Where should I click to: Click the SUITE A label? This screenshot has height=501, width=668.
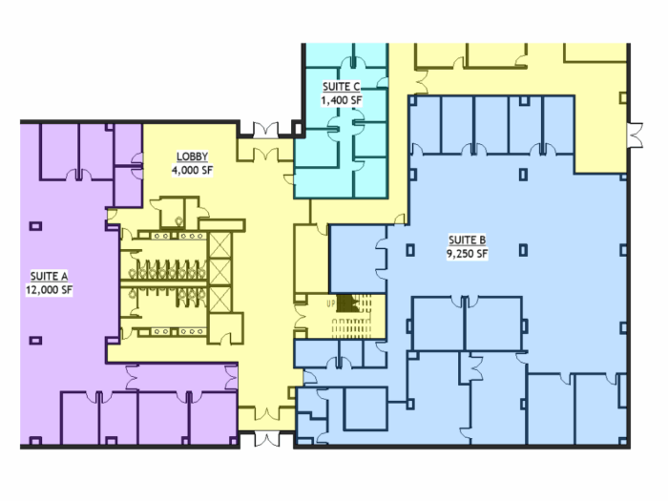pos(49,276)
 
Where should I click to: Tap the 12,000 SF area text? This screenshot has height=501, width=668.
pos(49,290)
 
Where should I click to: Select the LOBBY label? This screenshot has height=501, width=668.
pos(192,157)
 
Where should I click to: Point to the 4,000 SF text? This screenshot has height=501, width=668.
pos(192,171)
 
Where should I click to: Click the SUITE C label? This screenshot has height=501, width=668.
pos(342,87)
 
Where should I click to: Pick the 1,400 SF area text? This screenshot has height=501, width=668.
pos(342,100)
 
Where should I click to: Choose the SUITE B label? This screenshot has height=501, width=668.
pos(468,240)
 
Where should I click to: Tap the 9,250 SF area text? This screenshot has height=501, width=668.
pos(468,254)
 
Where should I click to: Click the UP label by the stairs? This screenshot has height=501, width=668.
pos(330,304)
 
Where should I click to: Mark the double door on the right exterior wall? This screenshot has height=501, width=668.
pos(636,136)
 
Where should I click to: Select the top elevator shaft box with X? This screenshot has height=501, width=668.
pos(220,245)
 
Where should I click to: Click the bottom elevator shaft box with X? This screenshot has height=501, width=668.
pos(220,300)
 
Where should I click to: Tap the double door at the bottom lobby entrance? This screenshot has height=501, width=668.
pos(266,439)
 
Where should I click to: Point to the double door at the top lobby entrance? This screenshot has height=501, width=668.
pos(266,130)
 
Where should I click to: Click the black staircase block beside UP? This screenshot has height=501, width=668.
pos(347,303)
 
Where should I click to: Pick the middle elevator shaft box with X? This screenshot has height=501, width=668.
pos(220,273)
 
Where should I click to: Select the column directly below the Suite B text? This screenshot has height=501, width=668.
pos(524,250)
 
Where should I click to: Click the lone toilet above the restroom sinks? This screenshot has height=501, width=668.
pos(179,221)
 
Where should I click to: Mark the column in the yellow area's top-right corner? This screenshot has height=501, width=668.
pos(623,98)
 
